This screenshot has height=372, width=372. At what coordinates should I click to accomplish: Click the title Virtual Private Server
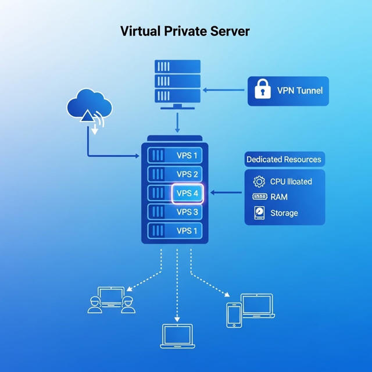pyautogui.click(x=185, y=31)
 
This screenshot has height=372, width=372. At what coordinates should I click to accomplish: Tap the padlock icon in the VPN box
pyautogui.click(x=263, y=90)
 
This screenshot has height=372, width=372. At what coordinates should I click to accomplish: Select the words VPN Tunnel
pyautogui.click(x=299, y=90)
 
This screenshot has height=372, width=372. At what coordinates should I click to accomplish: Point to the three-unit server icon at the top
pyautogui.click(x=177, y=82)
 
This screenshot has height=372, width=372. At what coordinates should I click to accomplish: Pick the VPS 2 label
pyautogui.click(x=188, y=174)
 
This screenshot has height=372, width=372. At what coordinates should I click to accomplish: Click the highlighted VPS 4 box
pyautogui.click(x=188, y=193)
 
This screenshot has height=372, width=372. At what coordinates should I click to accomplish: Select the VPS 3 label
pyautogui.click(x=188, y=212)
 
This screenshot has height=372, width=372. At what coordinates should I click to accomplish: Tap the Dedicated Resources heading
pyautogui.click(x=284, y=159)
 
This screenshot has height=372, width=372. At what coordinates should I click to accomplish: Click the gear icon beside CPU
pyautogui.click(x=259, y=181)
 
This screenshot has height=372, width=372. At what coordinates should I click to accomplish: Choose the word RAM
pyautogui.click(x=279, y=197)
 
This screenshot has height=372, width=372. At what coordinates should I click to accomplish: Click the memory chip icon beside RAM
pyautogui.click(x=259, y=197)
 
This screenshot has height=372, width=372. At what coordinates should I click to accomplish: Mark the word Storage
pyautogui.click(x=284, y=213)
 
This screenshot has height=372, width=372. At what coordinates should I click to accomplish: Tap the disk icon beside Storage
pyautogui.click(x=259, y=213)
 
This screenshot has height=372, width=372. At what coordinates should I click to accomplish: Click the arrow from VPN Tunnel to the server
pyautogui.click(x=223, y=90)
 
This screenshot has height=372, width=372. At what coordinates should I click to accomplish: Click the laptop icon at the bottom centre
pyautogui.click(x=177, y=337)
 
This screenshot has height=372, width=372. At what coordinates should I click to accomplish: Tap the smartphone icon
pyautogui.click(x=234, y=314)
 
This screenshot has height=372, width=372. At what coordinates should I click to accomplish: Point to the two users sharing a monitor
pyautogui.click(x=111, y=300)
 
